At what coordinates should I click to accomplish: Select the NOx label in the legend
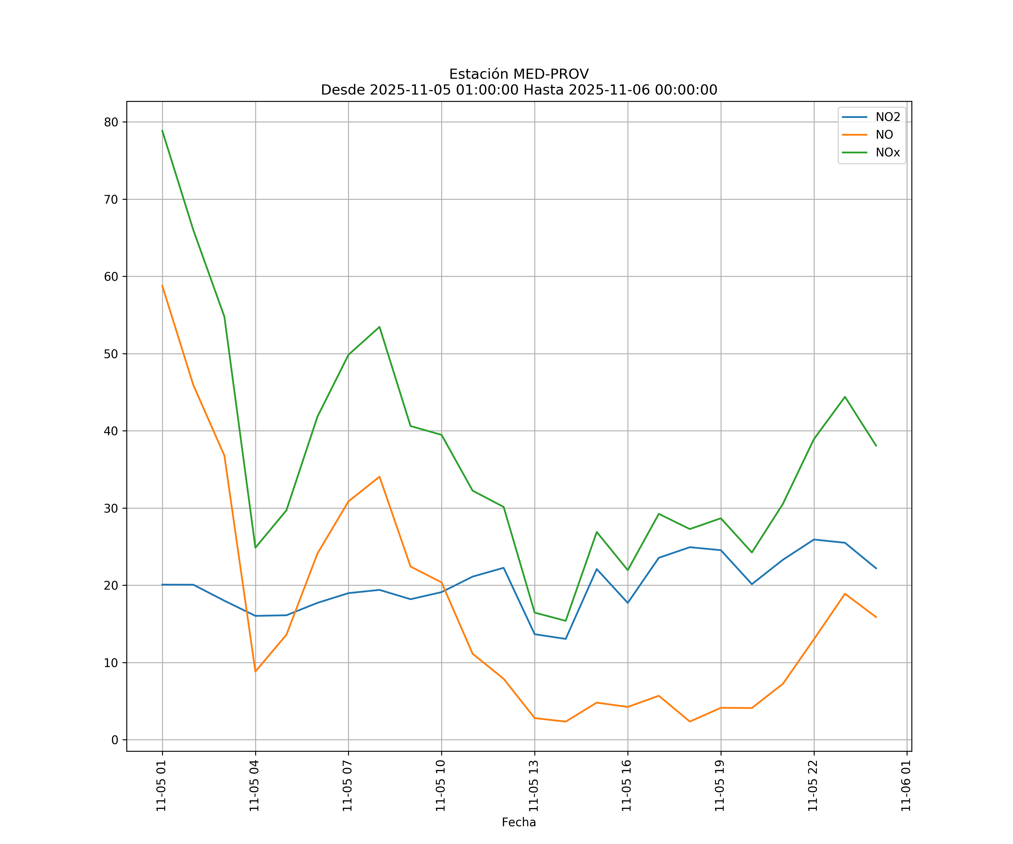[x=888, y=153]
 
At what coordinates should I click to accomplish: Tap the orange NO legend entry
[x=884, y=135]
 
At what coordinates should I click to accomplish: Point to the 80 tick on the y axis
[x=111, y=122]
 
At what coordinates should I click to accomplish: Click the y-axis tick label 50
[x=111, y=354]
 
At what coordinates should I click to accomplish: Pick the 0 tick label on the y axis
[x=115, y=740]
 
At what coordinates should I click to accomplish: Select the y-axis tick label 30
[x=111, y=508]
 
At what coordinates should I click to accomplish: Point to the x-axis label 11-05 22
[x=813, y=786]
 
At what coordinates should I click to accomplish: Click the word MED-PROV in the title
[x=551, y=74]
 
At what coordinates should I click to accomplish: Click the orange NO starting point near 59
[x=162, y=286]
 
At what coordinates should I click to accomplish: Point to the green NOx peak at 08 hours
[x=380, y=327]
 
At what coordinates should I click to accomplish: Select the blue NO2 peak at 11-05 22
[x=814, y=539]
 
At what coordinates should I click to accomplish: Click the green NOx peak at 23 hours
[x=845, y=397]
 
